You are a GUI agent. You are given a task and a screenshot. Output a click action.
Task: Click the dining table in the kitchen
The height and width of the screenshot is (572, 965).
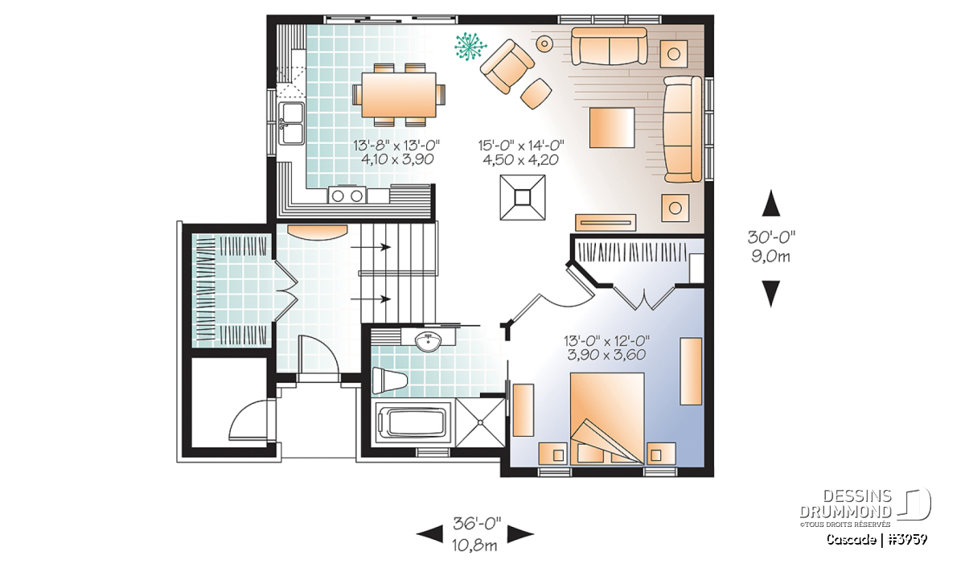tap(399, 95)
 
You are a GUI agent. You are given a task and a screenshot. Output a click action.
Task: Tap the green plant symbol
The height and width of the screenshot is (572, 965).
tap(470, 46)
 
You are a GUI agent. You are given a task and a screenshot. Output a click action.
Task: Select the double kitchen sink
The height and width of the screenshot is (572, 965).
tap(292, 124)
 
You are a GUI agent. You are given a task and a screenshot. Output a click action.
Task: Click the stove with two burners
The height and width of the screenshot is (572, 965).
tap(347, 195)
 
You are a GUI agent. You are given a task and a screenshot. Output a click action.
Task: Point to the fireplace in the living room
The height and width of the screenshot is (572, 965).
tap(523, 197)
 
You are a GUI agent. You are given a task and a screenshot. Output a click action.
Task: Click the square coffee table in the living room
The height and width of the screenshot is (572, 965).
tap(612, 128)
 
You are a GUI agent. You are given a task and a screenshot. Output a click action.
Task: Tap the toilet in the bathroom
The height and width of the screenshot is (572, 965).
tap(389, 381)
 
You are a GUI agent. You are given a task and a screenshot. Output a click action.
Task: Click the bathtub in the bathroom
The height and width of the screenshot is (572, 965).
tap(411, 423)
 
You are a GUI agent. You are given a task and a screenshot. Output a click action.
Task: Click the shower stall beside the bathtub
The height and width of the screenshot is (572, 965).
tap(480, 422)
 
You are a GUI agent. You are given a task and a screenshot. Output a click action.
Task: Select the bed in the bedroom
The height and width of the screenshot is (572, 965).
tap(607, 418)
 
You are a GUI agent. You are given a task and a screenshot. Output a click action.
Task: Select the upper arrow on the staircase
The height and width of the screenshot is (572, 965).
tap(371, 247)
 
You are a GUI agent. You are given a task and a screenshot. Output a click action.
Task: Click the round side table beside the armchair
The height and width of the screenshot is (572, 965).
tap(544, 43)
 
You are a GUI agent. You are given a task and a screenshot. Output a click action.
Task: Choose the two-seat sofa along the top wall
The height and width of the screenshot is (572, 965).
tap(610, 46)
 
